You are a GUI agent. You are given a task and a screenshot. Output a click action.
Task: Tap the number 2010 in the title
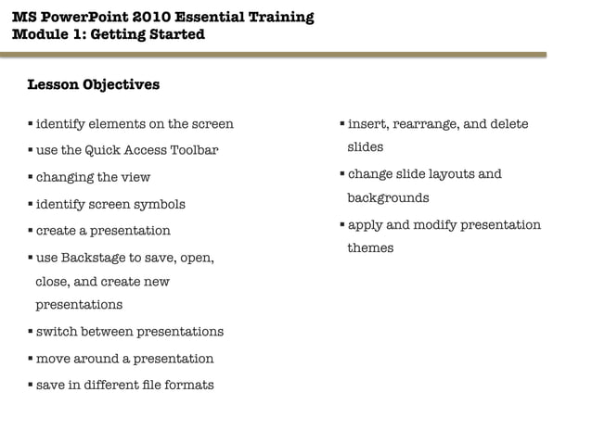[148, 17]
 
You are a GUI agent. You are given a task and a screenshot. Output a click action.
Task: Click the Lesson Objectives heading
[93, 85]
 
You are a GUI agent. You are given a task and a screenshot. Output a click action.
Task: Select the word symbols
[160, 204]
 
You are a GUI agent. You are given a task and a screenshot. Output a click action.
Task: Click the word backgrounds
[388, 197]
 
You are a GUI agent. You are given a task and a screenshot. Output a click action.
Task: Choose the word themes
[370, 247]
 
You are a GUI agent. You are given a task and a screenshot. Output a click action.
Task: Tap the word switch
[56, 332]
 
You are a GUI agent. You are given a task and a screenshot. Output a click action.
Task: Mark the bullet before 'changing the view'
[30, 177]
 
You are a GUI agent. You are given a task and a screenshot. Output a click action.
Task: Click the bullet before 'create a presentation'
[30, 230]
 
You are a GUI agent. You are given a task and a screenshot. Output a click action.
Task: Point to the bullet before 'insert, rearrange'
[341, 124]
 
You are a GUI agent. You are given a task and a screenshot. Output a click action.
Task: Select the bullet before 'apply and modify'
[341, 224]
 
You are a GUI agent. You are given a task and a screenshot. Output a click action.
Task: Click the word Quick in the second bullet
[107, 150]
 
